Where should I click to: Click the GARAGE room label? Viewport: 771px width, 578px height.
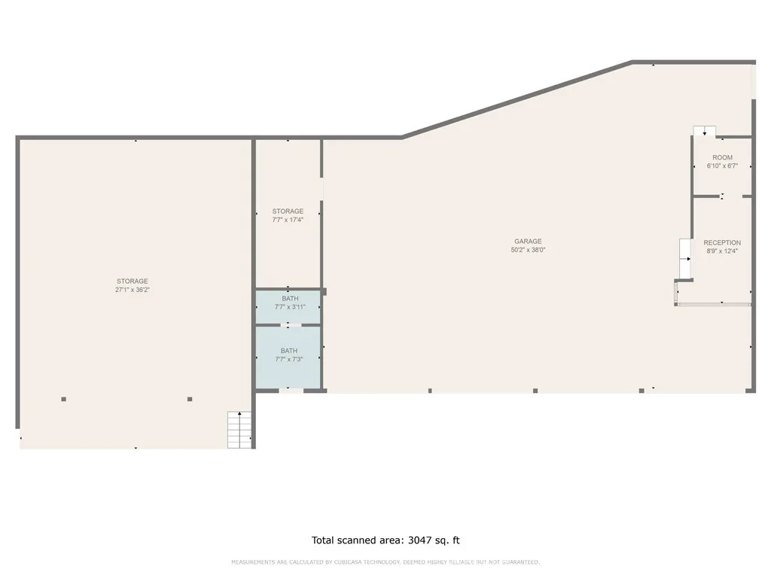click(x=528, y=242)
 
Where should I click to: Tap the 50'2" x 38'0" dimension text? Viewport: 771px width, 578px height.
click(x=528, y=250)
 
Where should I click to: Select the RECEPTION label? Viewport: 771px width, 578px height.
click(x=722, y=243)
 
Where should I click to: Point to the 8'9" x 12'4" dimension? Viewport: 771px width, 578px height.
click(x=722, y=251)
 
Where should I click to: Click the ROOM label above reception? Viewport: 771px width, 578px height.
click(x=722, y=158)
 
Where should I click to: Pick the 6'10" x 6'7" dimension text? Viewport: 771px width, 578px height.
click(x=722, y=166)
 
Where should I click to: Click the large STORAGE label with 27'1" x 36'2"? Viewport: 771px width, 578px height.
click(x=132, y=281)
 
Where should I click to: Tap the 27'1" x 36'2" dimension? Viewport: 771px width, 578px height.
click(x=132, y=290)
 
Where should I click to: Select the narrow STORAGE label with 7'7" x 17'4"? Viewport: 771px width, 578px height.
click(x=288, y=211)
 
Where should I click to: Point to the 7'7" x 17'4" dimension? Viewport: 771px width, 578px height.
click(x=288, y=220)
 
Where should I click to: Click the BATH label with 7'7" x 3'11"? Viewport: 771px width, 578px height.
click(x=290, y=299)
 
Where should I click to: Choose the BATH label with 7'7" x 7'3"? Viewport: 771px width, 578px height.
click(x=289, y=351)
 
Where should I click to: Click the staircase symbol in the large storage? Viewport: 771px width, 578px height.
click(x=240, y=430)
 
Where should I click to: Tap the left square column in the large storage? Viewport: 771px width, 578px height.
click(x=64, y=399)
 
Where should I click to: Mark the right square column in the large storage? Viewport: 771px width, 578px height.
click(x=190, y=399)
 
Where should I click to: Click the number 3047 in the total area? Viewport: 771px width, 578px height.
click(x=422, y=540)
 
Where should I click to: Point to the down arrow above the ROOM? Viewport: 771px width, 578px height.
click(x=705, y=132)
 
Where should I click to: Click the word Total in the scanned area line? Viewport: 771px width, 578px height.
click(x=325, y=540)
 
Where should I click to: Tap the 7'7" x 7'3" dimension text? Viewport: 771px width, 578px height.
click(x=289, y=359)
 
